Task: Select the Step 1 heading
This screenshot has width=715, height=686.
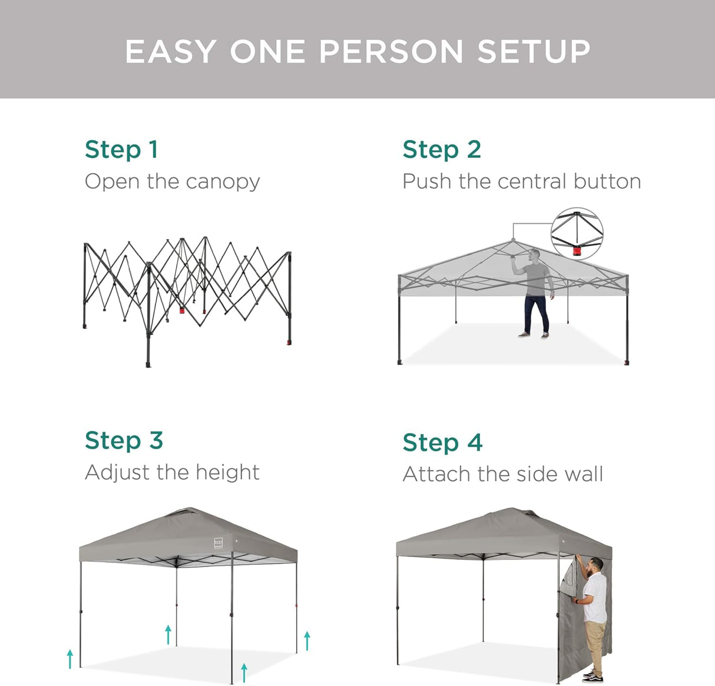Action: click(121, 150)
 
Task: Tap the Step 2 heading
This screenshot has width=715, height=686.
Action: click(442, 150)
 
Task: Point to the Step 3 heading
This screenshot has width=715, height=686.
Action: click(124, 440)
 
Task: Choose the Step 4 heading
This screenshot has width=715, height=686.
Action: click(442, 443)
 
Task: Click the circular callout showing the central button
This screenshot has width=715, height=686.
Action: click(577, 234)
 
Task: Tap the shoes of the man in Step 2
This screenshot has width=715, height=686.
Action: click(532, 335)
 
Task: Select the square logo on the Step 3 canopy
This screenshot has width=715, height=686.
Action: click(218, 542)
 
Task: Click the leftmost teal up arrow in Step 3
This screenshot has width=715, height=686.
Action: click(70, 658)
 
